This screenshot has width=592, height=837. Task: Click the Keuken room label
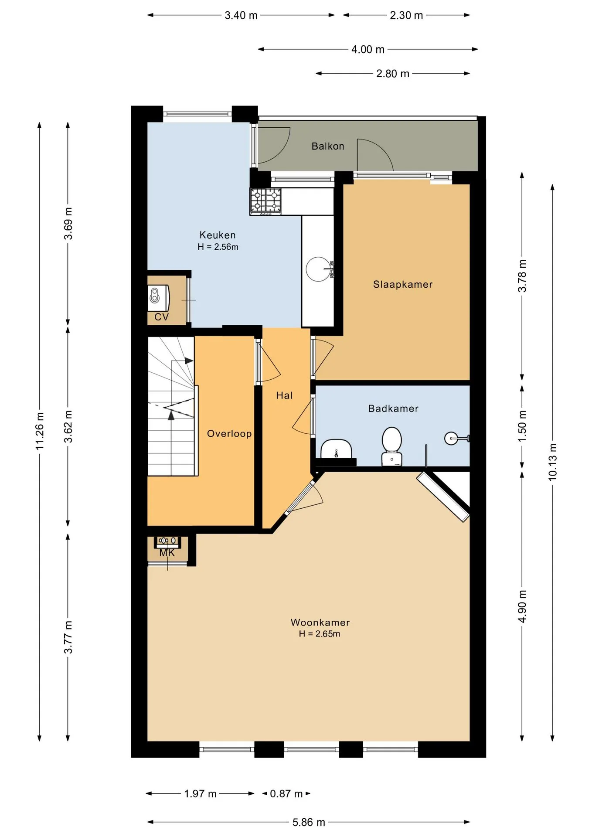tap(218, 235)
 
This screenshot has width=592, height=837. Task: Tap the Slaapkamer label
tap(403, 285)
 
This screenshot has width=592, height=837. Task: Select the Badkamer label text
tap(393, 408)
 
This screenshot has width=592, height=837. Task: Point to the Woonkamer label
tap(320, 623)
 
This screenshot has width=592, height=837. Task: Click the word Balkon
tap(328, 146)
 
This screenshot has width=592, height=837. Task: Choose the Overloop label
tap(229, 434)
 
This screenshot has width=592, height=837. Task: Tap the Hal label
tap(284, 395)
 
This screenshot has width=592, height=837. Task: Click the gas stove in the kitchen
tap(265, 201)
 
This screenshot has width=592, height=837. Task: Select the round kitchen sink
tap(318, 269)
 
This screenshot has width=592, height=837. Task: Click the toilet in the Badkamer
tap(391, 446)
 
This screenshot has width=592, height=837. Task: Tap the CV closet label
tap(161, 317)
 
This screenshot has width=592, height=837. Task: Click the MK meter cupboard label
tap(167, 553)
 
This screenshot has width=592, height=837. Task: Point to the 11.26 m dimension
tap(40, 431)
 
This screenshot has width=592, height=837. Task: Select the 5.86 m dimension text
tap(309, 822)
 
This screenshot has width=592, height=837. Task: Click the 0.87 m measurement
tap(286, 793)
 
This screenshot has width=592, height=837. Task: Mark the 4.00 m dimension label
tap(368, 49)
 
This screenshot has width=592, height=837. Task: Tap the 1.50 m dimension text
tap(522, 426)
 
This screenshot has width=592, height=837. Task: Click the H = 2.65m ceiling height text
tap(320, 634)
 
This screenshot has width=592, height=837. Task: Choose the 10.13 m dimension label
tap(553, 462)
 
